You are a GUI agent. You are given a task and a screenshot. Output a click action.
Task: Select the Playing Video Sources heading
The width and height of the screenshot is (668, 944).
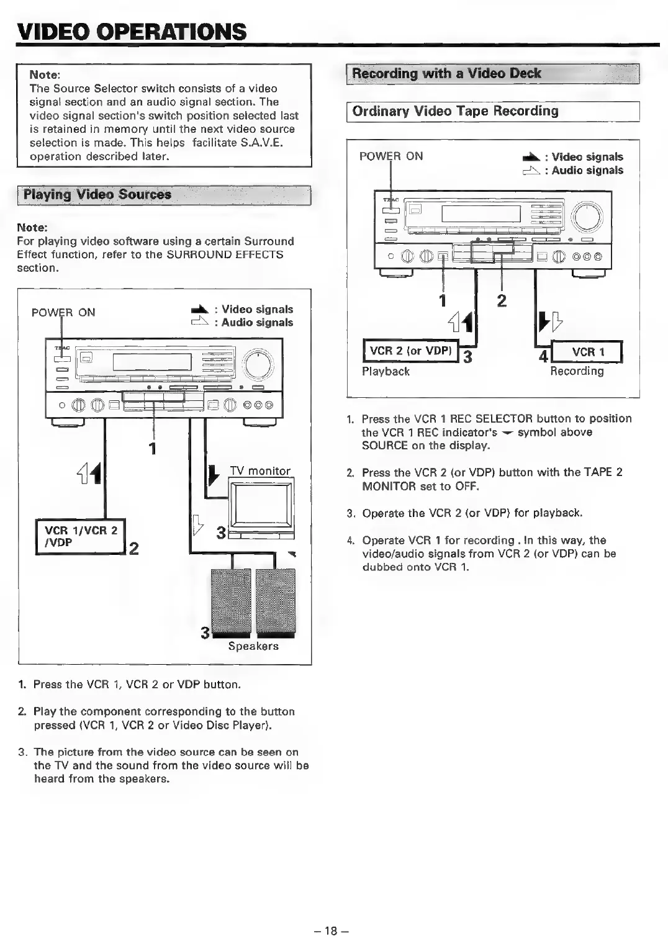tap(97, 194)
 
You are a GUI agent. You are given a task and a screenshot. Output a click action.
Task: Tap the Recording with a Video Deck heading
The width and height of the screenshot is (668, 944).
tap(446, 73)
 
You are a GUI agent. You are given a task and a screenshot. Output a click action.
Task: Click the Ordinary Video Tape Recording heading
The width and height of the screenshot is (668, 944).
tap(455, 111)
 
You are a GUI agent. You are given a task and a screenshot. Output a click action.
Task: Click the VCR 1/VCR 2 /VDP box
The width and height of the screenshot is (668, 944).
tap(81, 536)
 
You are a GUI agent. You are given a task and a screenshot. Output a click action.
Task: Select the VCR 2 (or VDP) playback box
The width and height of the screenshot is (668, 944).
tap(410, 351)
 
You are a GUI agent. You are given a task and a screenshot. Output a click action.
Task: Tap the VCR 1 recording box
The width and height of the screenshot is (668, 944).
tap(587, 352)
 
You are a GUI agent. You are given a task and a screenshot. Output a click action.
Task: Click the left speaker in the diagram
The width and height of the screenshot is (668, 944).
tap(232, 601)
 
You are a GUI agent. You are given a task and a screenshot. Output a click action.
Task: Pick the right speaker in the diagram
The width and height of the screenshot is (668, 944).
tap(276, 601)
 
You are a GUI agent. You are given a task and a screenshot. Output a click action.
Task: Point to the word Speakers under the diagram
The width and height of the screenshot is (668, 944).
tap(253, 646)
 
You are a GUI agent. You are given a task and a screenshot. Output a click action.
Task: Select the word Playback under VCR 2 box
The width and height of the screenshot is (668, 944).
tap(386, 371)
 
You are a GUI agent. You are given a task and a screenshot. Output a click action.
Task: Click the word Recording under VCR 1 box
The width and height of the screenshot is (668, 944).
tap(577, 371)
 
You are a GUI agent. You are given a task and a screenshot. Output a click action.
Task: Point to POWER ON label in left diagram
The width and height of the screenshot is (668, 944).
tap(63, 312)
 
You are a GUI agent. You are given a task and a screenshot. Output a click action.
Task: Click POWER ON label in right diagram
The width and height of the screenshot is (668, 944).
tap(391, 156)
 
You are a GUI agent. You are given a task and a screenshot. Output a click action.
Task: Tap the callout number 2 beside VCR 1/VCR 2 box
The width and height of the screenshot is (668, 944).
tap(133, 548)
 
